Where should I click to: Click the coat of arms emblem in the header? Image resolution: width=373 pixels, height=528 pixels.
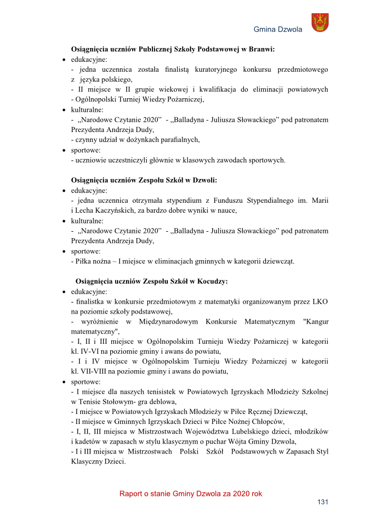click(x=320, y=23)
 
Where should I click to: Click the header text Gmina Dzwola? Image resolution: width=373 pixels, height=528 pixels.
click(x=278, y=30)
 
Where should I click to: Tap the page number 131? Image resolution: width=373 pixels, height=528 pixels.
click(x=322, y=502)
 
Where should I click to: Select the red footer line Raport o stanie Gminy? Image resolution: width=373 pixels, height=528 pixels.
click(x=190, y=494)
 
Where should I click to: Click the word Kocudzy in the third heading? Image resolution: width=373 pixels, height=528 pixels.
click(x=212, y=281)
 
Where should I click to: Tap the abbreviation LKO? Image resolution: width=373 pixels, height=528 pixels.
click(x=320, y=301)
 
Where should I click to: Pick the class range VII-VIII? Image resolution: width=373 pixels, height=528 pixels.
click(x=94, y=371)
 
